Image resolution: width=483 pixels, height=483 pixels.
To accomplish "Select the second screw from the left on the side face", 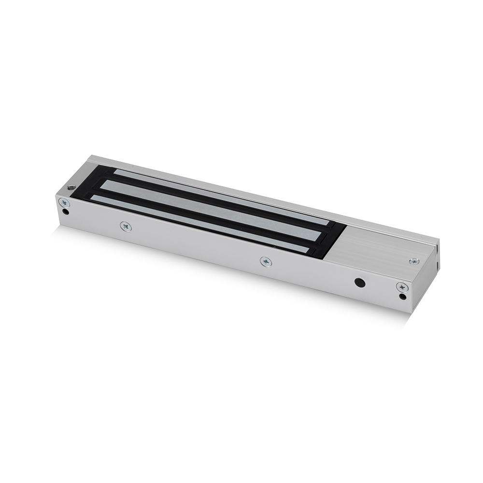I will click(126, 226).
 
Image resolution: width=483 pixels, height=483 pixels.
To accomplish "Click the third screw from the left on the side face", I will click(266, 261).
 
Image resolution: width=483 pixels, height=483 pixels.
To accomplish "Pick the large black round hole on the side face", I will click(359, 282).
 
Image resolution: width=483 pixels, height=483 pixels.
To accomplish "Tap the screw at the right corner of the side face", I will click(402, 287).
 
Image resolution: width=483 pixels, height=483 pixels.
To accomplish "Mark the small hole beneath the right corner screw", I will click(403, 296).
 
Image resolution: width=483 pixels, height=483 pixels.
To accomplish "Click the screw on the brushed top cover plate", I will click(414, 261).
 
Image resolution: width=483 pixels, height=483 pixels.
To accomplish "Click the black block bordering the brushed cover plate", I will click(333, 239).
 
